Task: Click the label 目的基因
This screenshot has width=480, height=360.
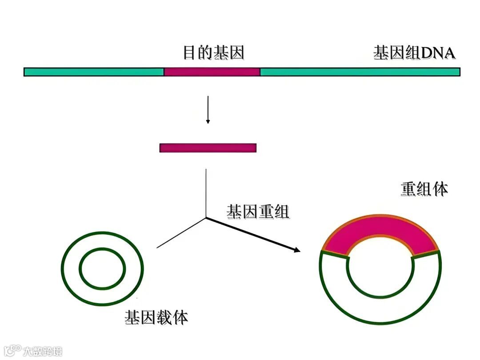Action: (213, 53)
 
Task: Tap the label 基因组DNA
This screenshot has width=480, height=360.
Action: (414, 53)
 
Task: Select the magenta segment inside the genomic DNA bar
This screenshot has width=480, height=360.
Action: (212, 72)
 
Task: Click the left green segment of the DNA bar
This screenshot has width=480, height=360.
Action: (94, 72)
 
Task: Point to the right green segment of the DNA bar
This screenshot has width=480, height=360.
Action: (360, 72)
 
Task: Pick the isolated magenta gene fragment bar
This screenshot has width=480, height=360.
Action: (208, 148)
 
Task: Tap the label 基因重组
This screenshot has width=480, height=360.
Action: (258, 212)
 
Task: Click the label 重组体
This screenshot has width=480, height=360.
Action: (424, 189)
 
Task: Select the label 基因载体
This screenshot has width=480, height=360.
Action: (156, 317)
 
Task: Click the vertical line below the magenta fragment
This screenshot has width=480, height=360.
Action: (206, 191)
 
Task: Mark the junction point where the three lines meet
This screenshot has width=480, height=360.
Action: (206, 217)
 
